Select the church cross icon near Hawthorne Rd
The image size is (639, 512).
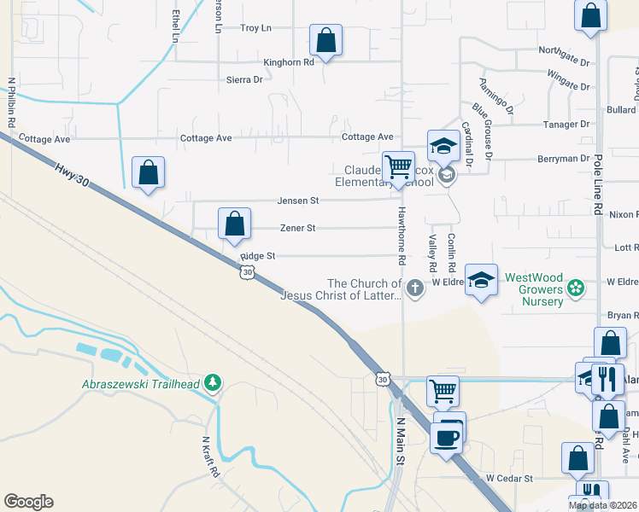click(x=415, y=288)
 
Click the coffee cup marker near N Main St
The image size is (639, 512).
click(x=447, y=438)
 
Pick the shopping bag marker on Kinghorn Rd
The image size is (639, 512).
click(x=325, y=39)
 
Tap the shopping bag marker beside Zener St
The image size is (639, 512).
click(x=234, y=224)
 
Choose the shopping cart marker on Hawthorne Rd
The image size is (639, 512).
click(x=398, y=166)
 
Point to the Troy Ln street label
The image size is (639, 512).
click(x=255, y=28)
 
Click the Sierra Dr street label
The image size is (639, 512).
click(x=244, y=79)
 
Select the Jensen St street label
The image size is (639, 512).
click(x=297, y=201)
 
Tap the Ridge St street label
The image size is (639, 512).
click(x=258, y=255)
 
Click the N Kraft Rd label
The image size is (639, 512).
click(x=210, y=457)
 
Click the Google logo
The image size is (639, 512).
click(x=28, y=502)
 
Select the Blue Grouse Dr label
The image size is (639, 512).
click(x=483, y=131)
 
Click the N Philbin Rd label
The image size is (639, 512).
click(x=12, y=103)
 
